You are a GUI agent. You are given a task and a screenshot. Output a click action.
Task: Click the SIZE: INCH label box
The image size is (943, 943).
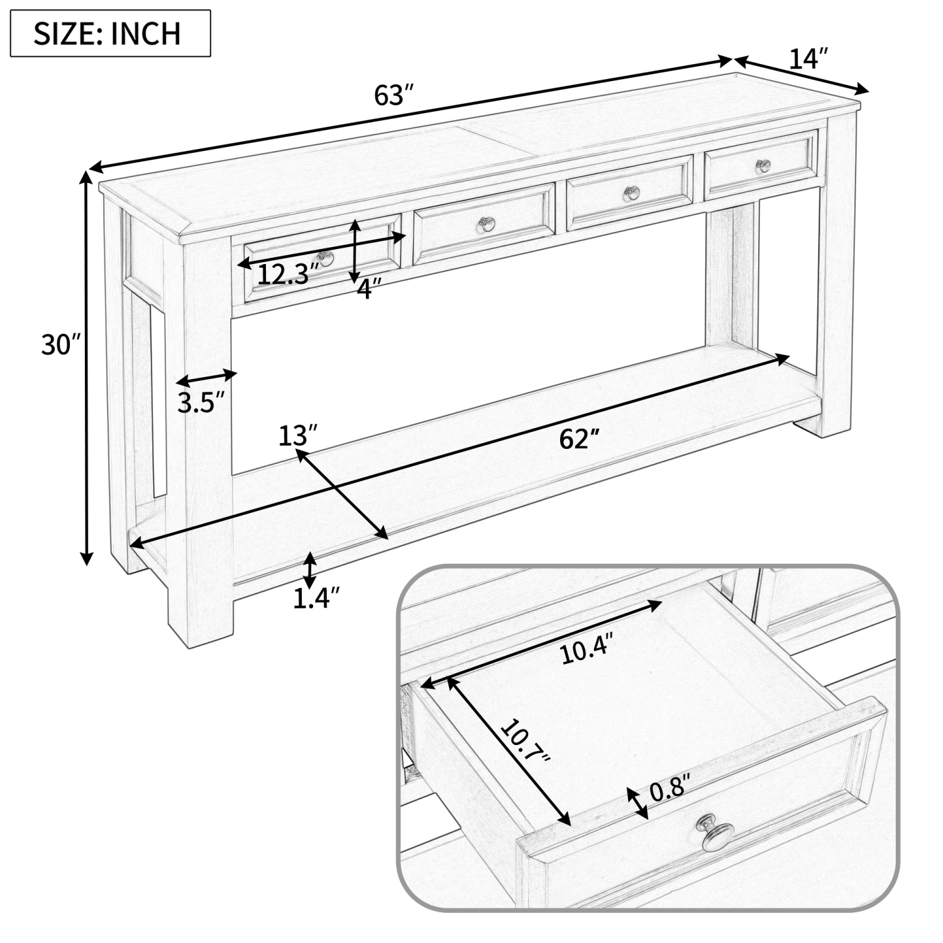(110, 33)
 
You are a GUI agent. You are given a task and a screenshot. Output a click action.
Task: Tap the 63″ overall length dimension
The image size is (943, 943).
(394, 96)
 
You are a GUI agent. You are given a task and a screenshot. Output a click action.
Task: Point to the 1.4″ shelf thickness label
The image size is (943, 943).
(317, 598)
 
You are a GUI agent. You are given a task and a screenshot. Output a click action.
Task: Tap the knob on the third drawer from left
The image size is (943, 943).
(631, 192)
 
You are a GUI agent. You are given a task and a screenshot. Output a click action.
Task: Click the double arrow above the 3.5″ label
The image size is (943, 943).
(206, 378)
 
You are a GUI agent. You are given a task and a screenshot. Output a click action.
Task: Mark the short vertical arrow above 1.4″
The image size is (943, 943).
(309, 570)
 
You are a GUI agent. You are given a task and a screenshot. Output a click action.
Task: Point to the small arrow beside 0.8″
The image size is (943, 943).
(638, 803)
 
